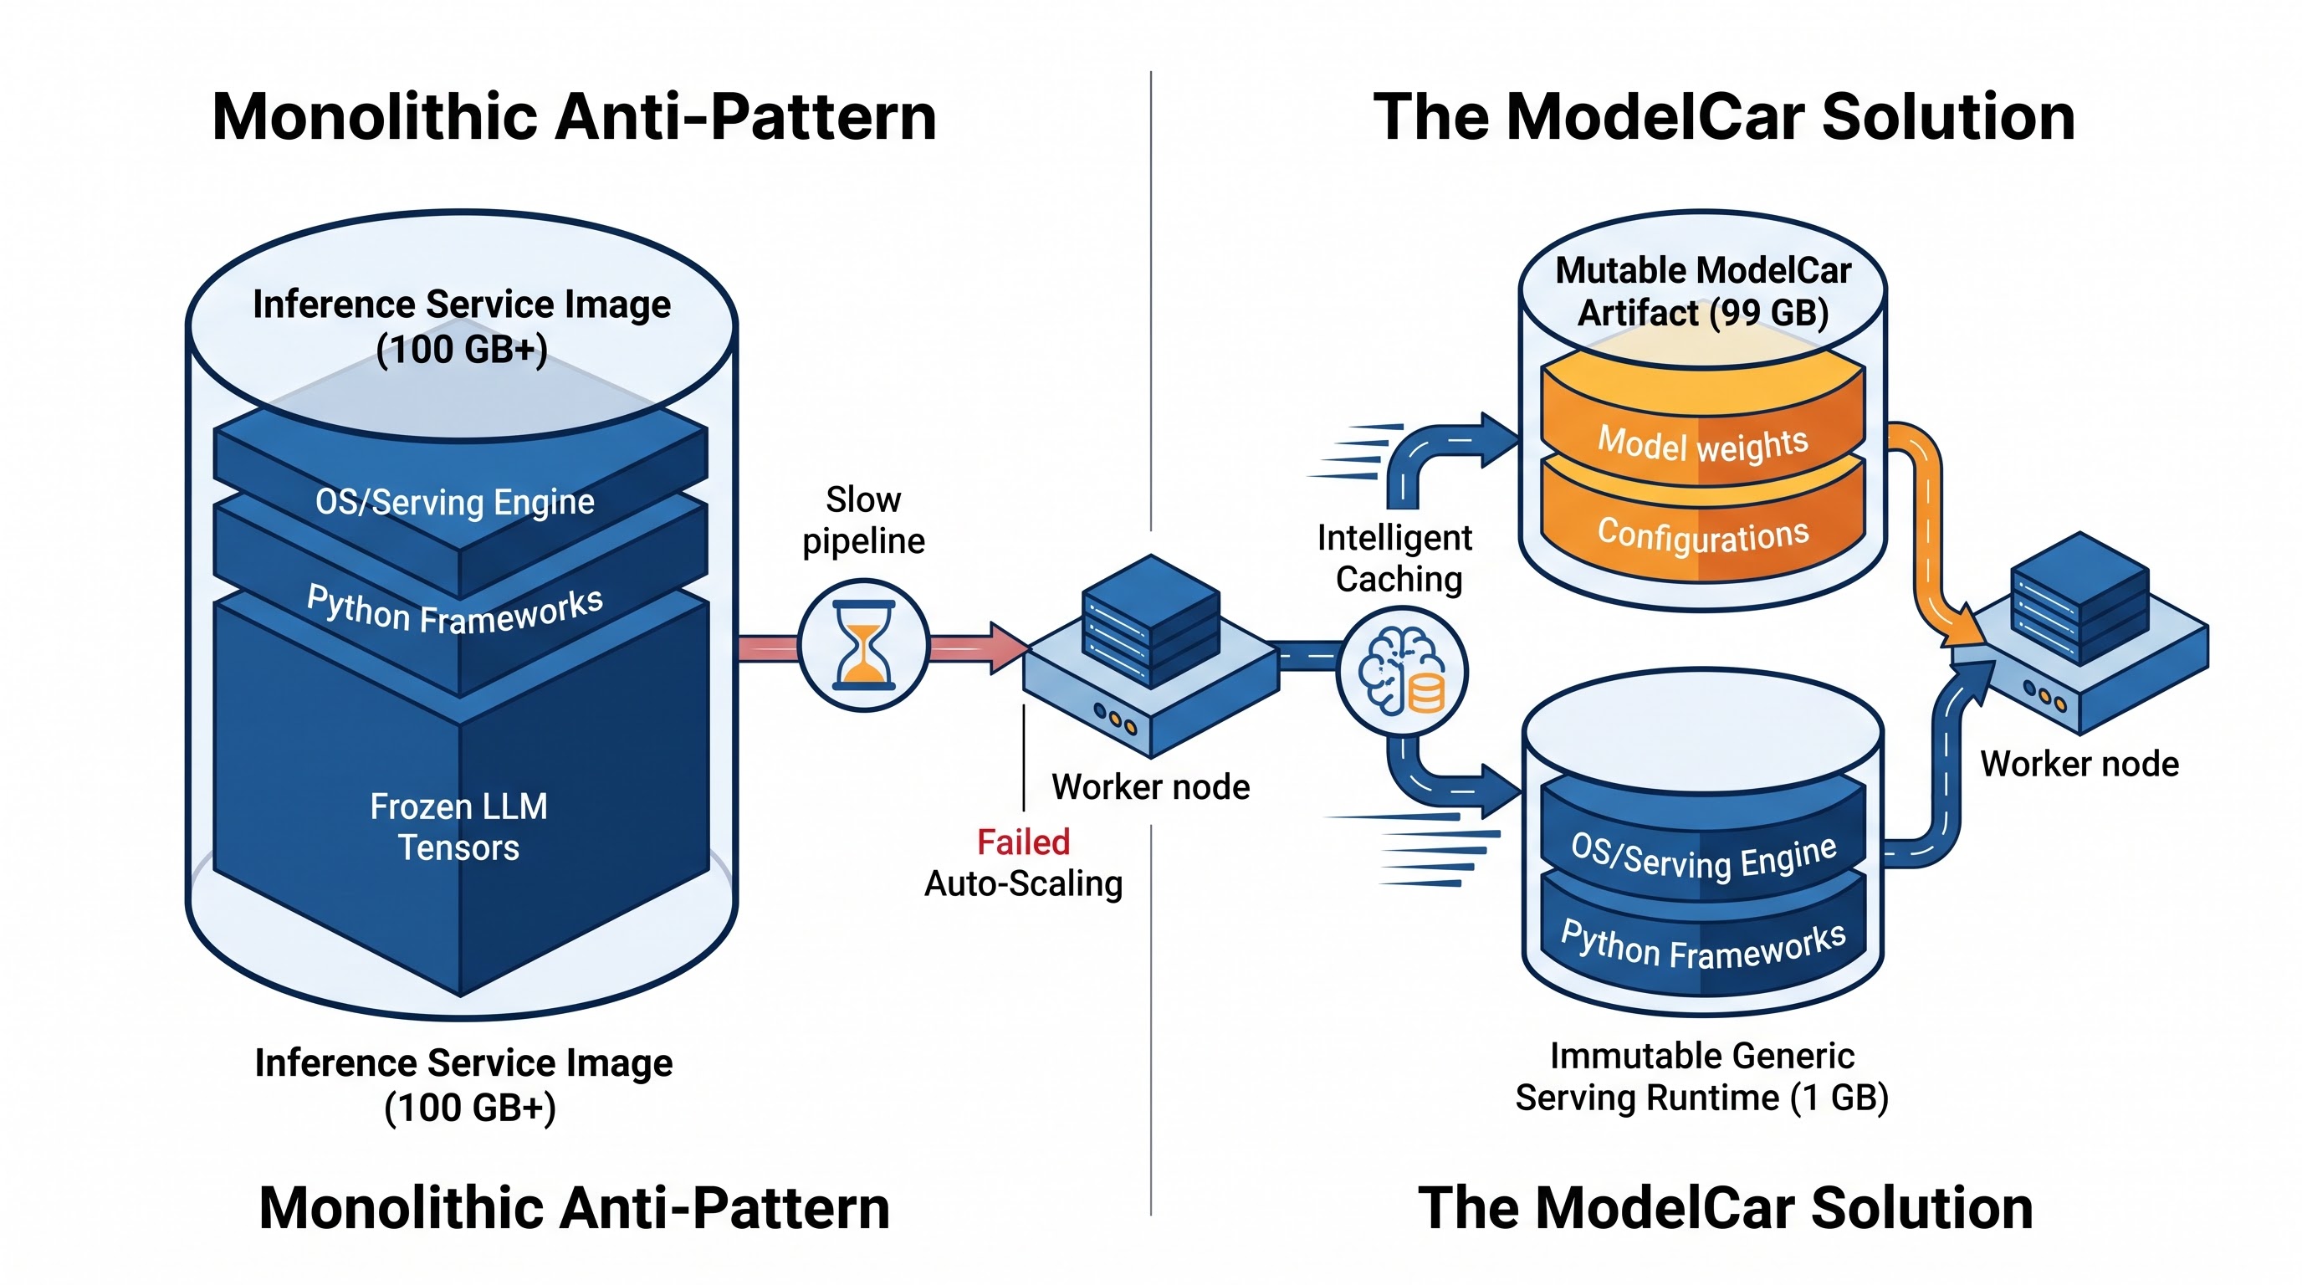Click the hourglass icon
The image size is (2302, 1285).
(863, 644)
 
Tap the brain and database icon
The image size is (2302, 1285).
(1401, 671)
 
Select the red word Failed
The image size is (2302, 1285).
(1023, 842)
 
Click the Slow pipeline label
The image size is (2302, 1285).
(863, 520)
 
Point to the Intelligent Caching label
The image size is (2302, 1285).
(1397, 559)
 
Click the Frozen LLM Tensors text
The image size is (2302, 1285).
(458, 827)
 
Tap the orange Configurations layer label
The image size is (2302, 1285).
(1703, 535)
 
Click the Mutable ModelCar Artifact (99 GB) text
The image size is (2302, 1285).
(1703, 291)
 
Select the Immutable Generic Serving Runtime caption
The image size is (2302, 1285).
(1701, 1077)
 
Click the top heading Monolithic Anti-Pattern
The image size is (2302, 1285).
(574, 116)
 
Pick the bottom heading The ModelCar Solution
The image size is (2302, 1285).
(1726, 1207)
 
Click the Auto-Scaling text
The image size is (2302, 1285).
(1023, 883)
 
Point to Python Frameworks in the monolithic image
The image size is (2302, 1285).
(455, 609)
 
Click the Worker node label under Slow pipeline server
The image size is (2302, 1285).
(1150, 787)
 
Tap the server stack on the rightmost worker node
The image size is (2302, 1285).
(2080, 598)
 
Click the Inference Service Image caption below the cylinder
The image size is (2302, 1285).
(463, 1085)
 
